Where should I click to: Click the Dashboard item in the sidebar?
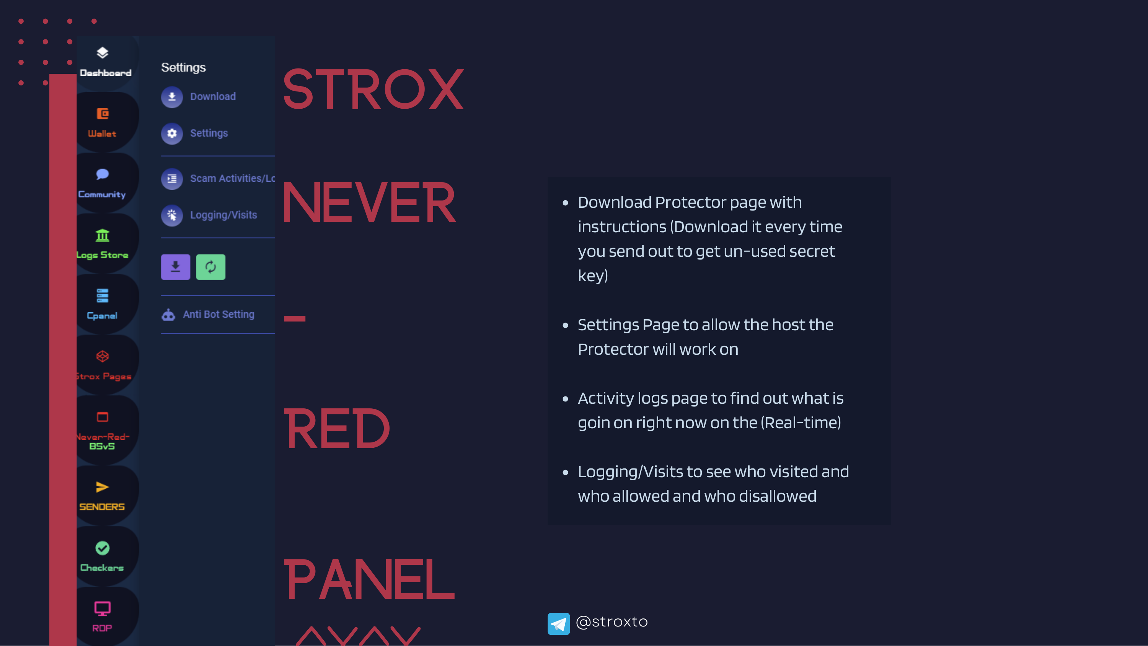[105, 62]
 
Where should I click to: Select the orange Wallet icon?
[103, 114]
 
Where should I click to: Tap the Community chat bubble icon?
[103, 174]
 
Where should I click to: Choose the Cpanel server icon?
[103, 295]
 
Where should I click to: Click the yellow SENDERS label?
[102, 507]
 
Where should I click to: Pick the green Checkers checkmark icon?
[103, 548]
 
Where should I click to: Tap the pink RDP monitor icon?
[103, 608]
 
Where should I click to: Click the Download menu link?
[213, 97]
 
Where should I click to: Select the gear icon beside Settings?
[172, 133]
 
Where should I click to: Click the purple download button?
[176, 267]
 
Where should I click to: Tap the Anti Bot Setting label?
[219, 314]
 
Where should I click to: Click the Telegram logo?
[558, 623]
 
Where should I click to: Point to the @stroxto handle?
[612, 622]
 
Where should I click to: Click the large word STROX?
[373, 89]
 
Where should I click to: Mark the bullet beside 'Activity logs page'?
[566, 399]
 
